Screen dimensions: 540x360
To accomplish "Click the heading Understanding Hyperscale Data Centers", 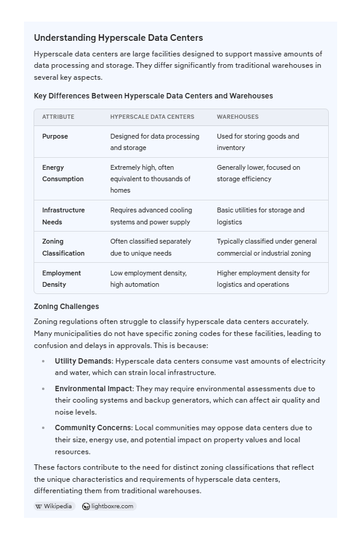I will pyautogui.click(x=118, y=38).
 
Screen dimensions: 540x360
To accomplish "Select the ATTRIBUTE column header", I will pyautogui.click(x=58, y=117).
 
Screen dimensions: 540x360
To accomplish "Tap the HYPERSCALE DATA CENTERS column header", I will pyautogui.click(x=152, y=117).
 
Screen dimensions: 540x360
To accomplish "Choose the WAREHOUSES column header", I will pyautogui.click(x=238, y=117).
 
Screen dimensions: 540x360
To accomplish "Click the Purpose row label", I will pyautogui.click(x=55, y=136).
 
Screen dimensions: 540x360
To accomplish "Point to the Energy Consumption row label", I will pyautogui.click(x=62, y=173).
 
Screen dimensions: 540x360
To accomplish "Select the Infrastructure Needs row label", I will pyautogui.click(x=63, y=216).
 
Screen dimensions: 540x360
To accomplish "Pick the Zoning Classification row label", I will pyautogui.click(x=63, y=247).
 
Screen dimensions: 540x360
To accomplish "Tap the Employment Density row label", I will pyautogui.click(x=62, y=279).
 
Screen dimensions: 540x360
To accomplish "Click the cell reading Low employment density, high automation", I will pyautogui.click(x=148, y=279).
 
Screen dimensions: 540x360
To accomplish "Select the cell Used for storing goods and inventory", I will pyautogui.click(x=257, y=142).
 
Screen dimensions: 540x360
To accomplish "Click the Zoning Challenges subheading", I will pyautogui.click(x=67, y=306).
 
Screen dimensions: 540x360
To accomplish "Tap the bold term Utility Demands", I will pyautogui.click(x=83, y=361).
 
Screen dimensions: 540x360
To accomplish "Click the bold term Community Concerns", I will pyautogui.click(x=93, y=428).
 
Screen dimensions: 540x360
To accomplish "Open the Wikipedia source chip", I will pyautogui.click(x=54, y=506).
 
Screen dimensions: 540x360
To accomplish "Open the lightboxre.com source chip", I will pyautogui.click(x=109, y=506).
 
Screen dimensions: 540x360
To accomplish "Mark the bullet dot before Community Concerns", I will pyautogui.click(x=43, y=428).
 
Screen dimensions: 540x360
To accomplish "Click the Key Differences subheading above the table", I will pyautogui.click(x=153, y=96).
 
